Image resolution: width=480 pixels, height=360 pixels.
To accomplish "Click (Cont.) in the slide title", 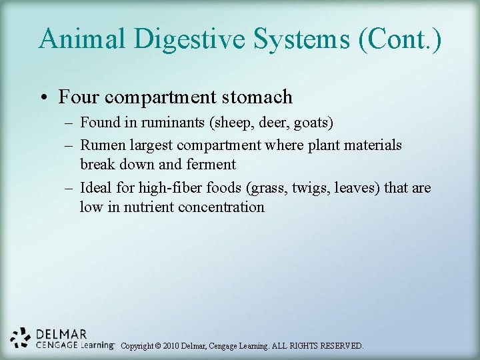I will click(400, 38).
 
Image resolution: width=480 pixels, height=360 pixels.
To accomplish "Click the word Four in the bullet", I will click(79, 97).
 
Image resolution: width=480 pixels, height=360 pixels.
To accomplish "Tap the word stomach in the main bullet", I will click(258, 97).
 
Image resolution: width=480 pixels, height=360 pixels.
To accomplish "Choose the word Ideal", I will click(97, 188).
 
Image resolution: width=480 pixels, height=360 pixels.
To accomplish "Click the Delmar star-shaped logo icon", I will click(21, 339).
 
